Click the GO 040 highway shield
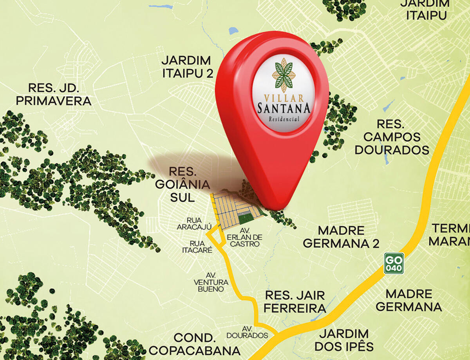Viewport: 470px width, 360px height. (393, 263)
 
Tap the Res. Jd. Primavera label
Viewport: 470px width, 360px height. (54, 94)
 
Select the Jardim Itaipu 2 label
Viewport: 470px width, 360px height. (187, 67)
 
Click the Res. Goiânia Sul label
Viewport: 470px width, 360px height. (183, 184)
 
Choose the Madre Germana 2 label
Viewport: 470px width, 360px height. (341, 237)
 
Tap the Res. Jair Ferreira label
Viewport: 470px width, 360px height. (295, 301)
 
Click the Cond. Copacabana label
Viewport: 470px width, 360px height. (195, 344)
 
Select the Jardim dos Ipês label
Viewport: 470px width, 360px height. (344, 340)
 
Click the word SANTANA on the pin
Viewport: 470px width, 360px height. (284, 108)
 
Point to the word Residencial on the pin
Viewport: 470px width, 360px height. (284, 119)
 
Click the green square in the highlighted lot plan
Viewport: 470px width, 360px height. (245, 218)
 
